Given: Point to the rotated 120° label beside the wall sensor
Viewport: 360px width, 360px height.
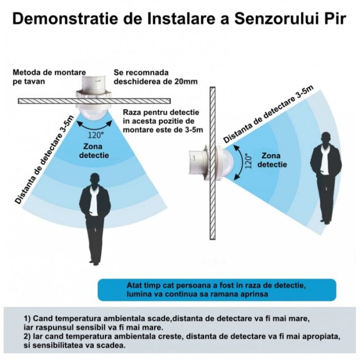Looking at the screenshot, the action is click(x=248, y=161).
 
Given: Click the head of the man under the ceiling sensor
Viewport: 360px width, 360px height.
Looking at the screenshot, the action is click(x=96, y=179).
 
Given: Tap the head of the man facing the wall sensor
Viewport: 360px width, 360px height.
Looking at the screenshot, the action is click(x=326, y=138).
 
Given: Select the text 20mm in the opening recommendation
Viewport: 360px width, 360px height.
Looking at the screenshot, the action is click(x=186, y=81).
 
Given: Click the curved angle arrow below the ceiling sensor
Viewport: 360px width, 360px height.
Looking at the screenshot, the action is click(x=94, y=127).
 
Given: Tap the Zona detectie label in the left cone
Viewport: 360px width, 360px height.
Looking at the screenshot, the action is click(x=94, y=151).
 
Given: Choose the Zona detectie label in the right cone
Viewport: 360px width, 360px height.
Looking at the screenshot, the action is click(x=272, y=160).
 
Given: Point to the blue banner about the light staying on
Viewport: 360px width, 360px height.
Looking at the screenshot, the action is click(x=217, y=290).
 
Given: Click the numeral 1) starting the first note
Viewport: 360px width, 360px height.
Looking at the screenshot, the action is click(x=27, y=319).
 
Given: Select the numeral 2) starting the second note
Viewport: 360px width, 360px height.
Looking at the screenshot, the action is click(x=27, y=336).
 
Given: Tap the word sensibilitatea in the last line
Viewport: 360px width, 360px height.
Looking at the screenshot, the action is click(x=59, y=345).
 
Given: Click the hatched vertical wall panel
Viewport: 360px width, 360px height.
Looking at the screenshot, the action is click(x=212, y=163).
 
